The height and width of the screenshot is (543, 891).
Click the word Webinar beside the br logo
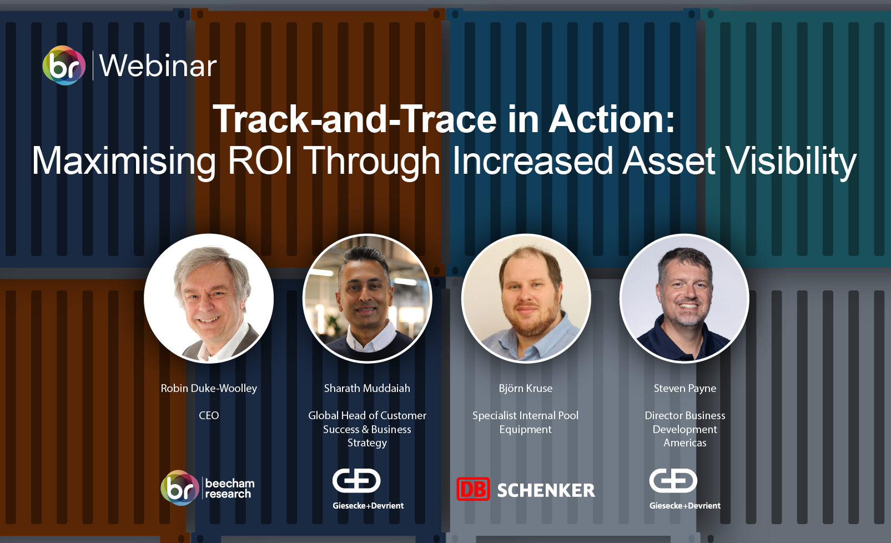click(x=158, y=66)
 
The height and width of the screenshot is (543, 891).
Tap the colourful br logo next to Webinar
click(x=64, y=66)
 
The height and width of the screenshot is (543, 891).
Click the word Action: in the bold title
click(x=612, y=119)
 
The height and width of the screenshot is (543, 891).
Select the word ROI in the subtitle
click(x=260, y=160)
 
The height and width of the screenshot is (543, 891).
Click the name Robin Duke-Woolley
click(x=209, y=388)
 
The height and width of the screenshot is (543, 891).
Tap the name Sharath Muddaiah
click(x=367, y=388)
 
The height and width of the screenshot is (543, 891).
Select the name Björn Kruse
click(x=526, y=388)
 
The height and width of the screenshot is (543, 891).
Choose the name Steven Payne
click(x=684, y=388)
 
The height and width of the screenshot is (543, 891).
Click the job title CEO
click(x=209, y=416)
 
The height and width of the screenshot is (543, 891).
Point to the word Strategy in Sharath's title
click(x=367, y=443)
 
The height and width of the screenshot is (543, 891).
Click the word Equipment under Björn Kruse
click(x=526, y=430)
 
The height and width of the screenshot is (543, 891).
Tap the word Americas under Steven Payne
click(x=684, y=443)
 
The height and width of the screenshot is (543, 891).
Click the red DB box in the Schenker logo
click(x=473, y=489)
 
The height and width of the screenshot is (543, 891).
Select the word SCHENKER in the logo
click(x=546, y=490)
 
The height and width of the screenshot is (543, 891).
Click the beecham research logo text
click(x=229, y=489)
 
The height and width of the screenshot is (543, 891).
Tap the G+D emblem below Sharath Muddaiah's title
click(x=356, y=481)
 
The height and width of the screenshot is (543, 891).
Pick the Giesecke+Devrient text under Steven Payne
click(x=685, y=506)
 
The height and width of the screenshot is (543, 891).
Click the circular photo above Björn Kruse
click(x=526, y=298)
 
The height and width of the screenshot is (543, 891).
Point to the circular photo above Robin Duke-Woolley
click(x=209, y=298)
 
